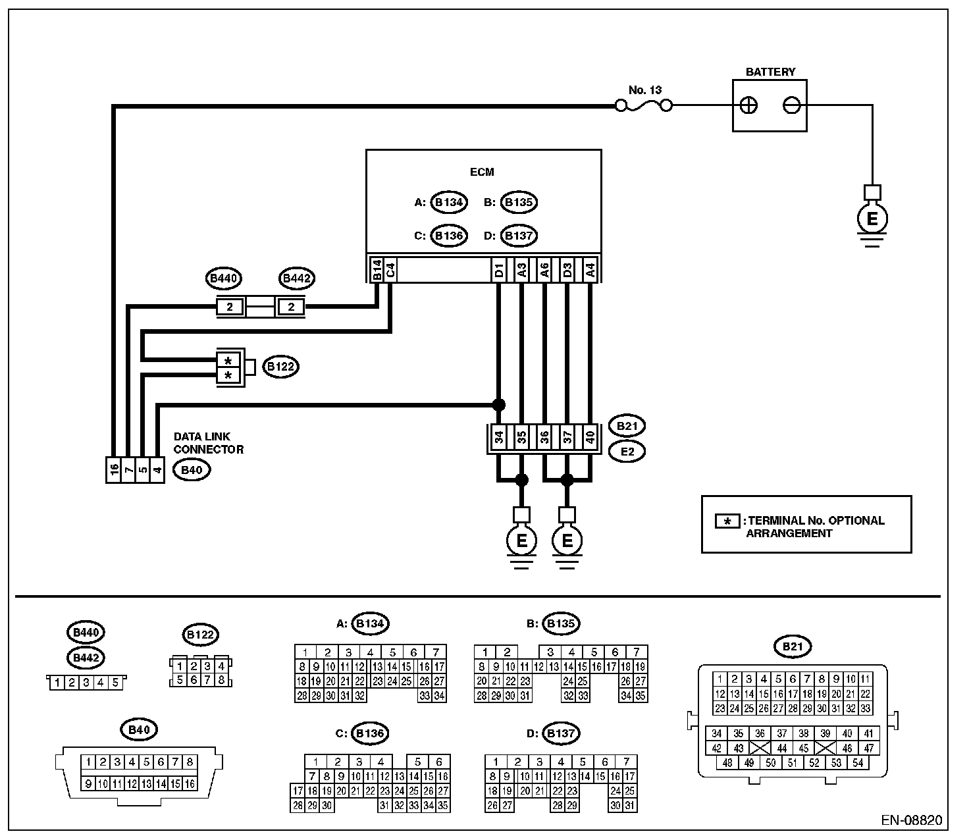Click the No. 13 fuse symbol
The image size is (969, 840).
click(644, 105)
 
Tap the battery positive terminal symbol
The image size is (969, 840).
click(749, 105)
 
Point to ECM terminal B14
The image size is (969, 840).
click(377, 270)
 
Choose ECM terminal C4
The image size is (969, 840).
click(390, 270)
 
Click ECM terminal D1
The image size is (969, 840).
click(499, 270)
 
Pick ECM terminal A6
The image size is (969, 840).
click(544, 270)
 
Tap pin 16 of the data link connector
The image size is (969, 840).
click(115, 469)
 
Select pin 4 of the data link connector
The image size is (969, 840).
click(157, 469)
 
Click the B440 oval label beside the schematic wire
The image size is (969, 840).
click(224, 279)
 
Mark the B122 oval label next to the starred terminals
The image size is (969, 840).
click(280, 367)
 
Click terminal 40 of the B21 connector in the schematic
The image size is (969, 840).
click(590, 438)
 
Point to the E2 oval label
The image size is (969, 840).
click(627, 452)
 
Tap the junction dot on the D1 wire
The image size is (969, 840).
click(499, 404)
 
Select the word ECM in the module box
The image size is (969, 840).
click(483, 172)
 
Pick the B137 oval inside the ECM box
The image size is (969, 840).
click(519, 236)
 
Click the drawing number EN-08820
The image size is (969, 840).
click(912, 821)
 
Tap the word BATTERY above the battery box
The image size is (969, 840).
click(770, 72)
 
